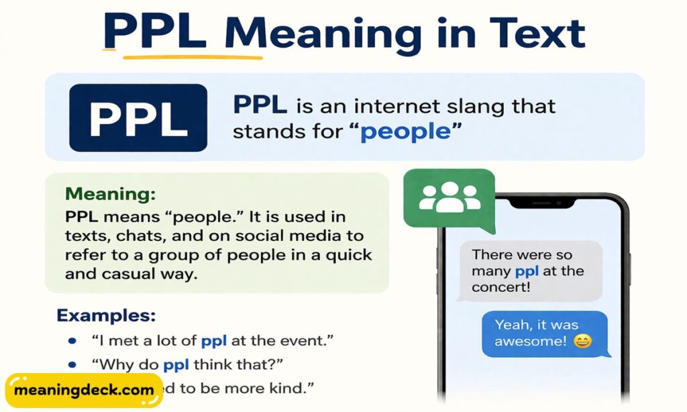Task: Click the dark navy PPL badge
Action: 138,117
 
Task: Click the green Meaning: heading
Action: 110,195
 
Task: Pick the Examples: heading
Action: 106,315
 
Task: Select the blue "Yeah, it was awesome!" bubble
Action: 544,333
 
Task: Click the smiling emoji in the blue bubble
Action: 584,342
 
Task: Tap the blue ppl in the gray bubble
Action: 527,272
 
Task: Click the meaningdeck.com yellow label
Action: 83,390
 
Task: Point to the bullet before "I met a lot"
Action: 71,341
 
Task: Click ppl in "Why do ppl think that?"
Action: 176,365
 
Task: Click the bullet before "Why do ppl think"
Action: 71,365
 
